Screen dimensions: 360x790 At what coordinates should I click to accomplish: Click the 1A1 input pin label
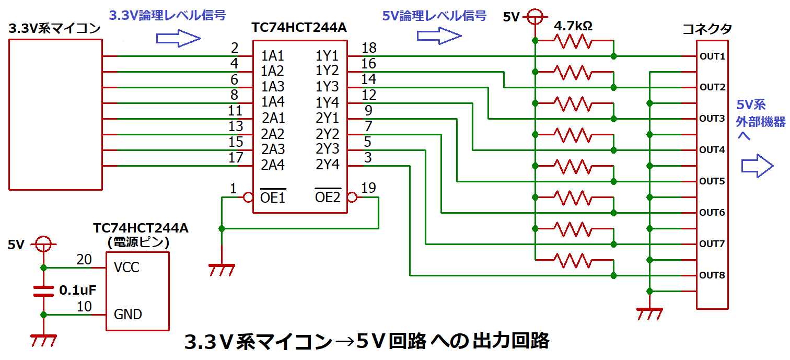coord(273,55)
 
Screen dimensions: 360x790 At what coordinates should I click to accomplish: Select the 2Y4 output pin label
coord(328,165)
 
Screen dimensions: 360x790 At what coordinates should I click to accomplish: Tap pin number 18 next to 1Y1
coord(368,48)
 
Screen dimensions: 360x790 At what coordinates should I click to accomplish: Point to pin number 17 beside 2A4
coord(236,157)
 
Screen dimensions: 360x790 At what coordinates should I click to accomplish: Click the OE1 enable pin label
coord(273,198)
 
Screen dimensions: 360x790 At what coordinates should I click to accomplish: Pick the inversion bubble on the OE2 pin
coord(352,198)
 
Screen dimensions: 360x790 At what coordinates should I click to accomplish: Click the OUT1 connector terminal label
coord(712,56)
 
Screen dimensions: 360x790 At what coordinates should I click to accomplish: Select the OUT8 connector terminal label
coord(712,275)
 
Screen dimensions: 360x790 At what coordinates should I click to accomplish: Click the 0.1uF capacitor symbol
coord(43,291)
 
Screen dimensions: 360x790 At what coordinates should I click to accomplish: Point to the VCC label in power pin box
coord(126,268)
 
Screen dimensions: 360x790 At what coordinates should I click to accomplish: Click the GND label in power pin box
coord(127,315)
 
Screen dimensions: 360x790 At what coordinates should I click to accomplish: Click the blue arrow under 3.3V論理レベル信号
coord(179,38)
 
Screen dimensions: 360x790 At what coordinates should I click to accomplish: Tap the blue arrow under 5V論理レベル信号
coord(439,36)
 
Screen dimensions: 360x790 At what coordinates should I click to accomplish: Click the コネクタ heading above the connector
coord(707,29)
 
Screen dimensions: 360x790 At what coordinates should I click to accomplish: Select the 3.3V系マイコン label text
coord(55,29)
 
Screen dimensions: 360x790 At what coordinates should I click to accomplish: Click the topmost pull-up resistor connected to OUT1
coord(574,42)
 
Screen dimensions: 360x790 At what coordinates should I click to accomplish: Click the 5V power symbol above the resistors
coord(535,17)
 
